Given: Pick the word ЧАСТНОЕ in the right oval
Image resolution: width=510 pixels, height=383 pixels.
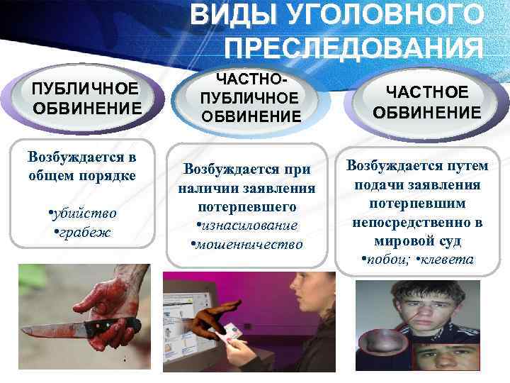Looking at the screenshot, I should [427, 92].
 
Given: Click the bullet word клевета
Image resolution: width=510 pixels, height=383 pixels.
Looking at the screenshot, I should [448, 260].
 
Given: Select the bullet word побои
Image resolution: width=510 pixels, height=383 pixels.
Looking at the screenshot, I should [387, 260].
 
